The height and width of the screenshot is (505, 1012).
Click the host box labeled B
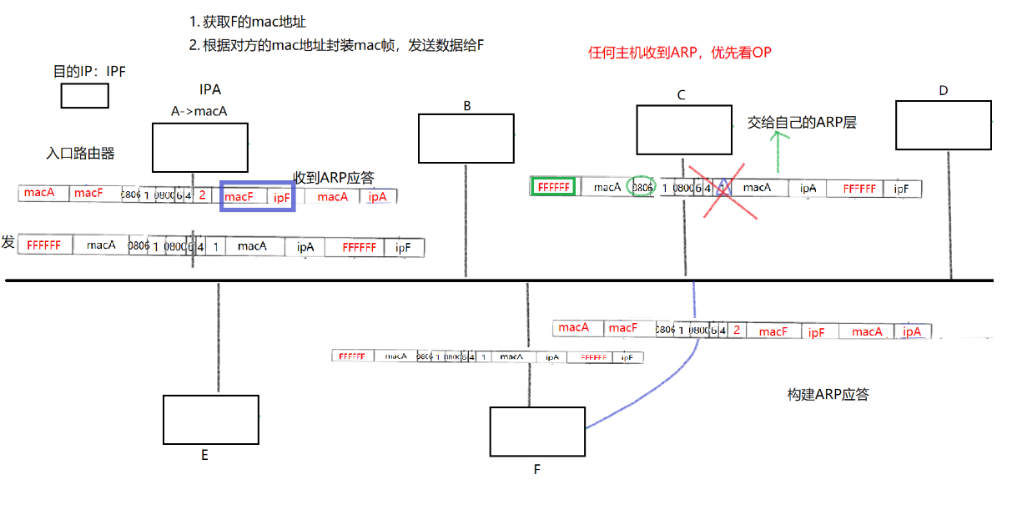(x=466, y=138)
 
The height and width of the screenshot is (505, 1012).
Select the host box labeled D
(x=943, y=124)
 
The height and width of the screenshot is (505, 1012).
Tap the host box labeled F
(x=537, y=432)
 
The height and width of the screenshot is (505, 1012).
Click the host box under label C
(x=683, y=129)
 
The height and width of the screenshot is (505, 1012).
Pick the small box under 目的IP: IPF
(x=84, y=96)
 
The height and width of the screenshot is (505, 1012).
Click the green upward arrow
(x=778, y=151)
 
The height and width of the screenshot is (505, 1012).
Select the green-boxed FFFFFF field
(x=552, y=188)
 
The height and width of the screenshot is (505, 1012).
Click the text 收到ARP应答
(x=333, y=178)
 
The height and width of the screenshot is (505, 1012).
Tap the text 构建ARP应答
(x=828, y=394)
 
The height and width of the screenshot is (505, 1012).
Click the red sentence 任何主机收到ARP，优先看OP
(x=680, y=53)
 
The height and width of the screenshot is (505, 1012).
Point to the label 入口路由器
(x=80, y=154)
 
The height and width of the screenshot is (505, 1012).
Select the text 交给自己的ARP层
(x=802, y=123)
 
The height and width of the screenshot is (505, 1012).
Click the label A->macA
(x=199, y=111)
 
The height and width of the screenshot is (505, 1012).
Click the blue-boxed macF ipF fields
(x=257, y=195)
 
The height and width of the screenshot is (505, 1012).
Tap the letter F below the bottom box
(x=537, y=469)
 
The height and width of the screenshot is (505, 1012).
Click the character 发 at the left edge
(x=8, y=242)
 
